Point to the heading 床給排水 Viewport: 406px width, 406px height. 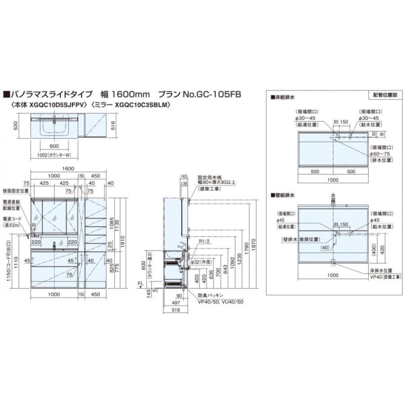coord(284,97)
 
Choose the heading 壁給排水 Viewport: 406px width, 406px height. coord(284,196)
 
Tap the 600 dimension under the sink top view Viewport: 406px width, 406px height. coord(54,146)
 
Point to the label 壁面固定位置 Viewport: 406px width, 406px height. coord(15,191)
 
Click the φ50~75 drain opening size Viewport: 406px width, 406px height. coord(381,154)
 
